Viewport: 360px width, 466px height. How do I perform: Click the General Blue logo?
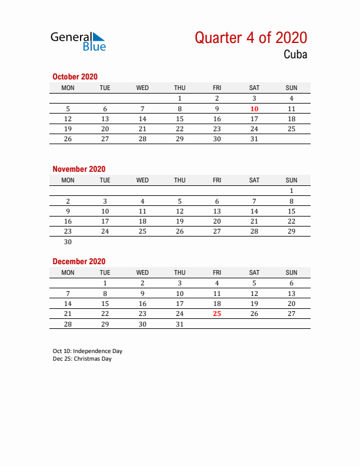coord(78,41)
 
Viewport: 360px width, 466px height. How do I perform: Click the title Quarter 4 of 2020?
coord(251,38)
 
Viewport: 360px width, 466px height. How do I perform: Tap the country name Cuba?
coord(295,55)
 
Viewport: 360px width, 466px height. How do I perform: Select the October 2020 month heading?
coord(75,76)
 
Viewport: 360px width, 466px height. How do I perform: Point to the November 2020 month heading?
coord(79,169)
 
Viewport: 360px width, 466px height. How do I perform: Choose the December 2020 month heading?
coord(79,261)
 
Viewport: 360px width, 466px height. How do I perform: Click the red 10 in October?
coord(254,109)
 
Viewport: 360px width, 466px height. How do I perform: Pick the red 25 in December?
coord(217,314)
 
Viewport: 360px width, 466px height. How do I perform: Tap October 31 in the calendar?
coord(254,139)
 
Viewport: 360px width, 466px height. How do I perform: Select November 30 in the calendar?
coord(68,241)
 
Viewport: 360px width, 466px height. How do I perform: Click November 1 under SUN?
coord(291,191)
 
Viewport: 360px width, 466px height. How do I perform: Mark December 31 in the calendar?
coord(179,324)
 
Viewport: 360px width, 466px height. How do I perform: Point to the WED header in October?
coord(142,88)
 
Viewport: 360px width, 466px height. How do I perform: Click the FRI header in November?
coord(217,180)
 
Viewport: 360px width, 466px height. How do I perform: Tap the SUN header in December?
coord(291,272)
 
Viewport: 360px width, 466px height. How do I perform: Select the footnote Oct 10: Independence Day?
coord(87,351)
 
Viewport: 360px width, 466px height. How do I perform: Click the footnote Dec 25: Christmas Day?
coord(82,359)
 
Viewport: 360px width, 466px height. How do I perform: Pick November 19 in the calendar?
coord(179,221)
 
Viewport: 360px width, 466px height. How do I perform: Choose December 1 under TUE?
coord(105,283)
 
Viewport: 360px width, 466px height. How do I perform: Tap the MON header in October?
coord(68,88)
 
